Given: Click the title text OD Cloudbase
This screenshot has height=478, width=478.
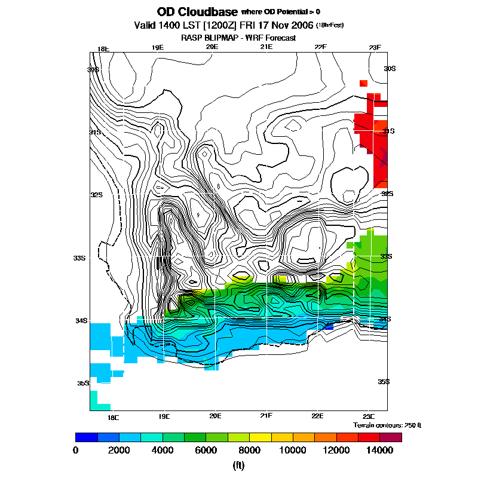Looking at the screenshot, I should point(197,12).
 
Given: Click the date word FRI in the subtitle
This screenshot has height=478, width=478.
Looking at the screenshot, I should point(251,25).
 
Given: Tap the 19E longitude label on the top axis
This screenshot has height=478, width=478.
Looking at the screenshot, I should point(157,48).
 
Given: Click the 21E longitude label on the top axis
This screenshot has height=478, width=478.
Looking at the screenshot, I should point(266,48).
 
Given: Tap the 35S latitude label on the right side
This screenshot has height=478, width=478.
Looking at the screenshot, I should point(384,381).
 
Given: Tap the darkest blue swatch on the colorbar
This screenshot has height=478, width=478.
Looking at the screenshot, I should point(87,437).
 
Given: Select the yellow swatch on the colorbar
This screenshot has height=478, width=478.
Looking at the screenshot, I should point(260,437).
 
